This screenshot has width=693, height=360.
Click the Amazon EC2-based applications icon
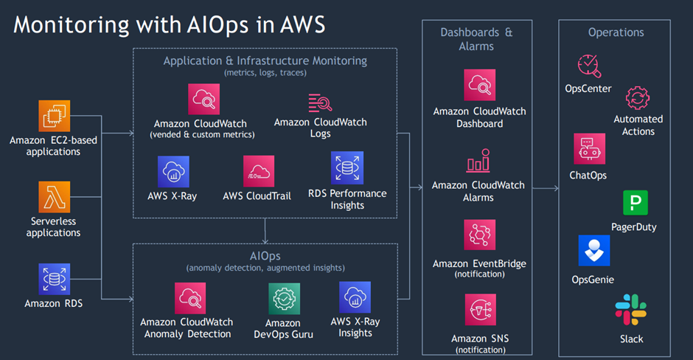click(x=55, y=116)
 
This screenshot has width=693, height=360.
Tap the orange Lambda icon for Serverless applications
click(x=55, y=198)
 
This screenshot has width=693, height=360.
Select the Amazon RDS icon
click(x=55, y=280)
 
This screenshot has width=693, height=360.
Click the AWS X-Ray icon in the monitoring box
click(x=173, y=172)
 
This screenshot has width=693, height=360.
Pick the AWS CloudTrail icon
click(x=259, y=171)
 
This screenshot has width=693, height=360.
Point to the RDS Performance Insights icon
click(x=346, y=168)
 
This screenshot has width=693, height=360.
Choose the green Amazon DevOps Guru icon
click(x=283, y=299)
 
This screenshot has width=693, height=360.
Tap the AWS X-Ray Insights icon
click(x=355, y=297)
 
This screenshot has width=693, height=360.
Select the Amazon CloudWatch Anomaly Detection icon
click(x=190, y=299)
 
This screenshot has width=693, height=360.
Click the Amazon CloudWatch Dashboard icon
click(x=479, y=86)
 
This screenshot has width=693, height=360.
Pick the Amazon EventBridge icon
click(x=479, y=235)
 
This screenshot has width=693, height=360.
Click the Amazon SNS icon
click(x=479, y=311)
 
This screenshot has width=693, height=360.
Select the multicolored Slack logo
click(x=631, y=309)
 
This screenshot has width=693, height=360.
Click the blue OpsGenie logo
click(x=593, y=252)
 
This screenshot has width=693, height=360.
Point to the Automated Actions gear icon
click(x=638, y=98)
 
